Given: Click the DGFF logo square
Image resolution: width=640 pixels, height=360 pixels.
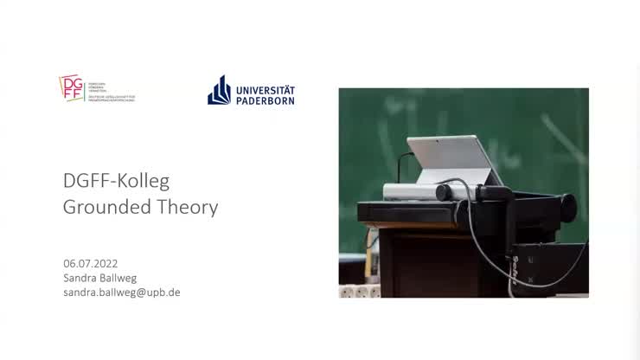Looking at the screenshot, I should point(72,87).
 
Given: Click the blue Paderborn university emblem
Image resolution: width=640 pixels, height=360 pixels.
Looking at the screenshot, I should point(219,90).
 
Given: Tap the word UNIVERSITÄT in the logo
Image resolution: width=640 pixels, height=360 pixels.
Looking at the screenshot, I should point(265,89).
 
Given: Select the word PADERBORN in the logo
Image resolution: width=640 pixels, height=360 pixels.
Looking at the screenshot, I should point(265,100).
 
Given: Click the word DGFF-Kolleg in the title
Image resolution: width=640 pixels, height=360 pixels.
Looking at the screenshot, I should point(116,181).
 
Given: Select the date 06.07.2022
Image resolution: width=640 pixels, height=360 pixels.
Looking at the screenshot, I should point(91,262).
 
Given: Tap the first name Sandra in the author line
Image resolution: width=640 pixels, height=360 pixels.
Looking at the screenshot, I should point(80,277).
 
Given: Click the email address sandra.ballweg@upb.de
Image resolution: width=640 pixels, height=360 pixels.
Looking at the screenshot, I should point(121,292).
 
